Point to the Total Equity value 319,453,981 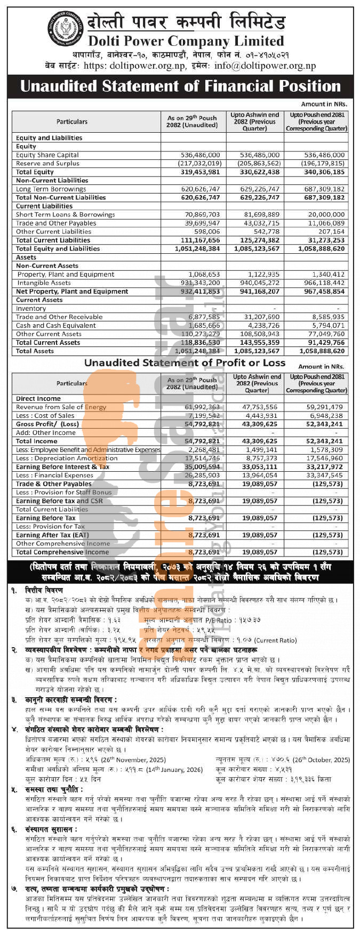coord(193,172)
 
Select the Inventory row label coord(31,309)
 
